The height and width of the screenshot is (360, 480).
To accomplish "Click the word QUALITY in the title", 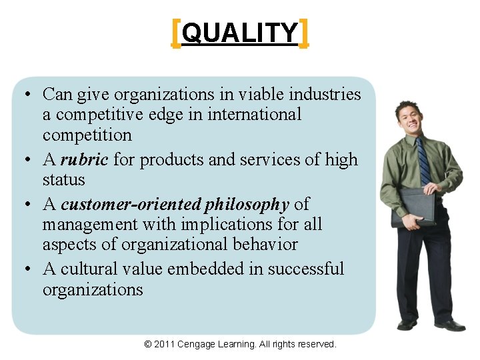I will click(x=239, y=33).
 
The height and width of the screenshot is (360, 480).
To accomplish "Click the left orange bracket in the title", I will click(x=175, y=33).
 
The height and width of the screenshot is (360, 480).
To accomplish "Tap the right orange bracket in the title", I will click(x=304, y=33).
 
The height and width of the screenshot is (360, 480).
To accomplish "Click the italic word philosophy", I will click(x=247, y=204).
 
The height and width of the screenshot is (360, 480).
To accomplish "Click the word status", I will click(x=64, y=180).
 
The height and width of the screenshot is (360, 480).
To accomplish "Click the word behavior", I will click(x=266, y=245).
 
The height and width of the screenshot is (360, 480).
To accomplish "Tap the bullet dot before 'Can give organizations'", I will click(x=24, y=95).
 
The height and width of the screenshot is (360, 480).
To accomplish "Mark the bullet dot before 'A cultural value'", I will click(x=24, y=269).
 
